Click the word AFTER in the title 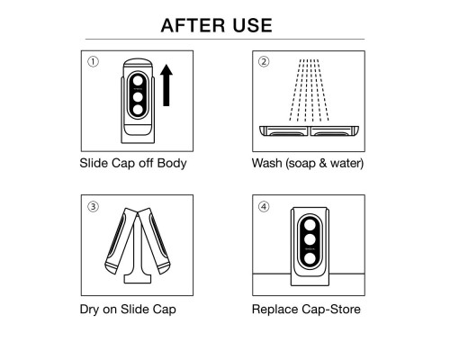[193, 25]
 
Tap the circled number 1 [93, 62]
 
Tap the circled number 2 [264, 62]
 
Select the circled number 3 [93, 206]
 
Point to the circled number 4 [264, 206]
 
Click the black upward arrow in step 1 [166, 85]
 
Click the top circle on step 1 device [138, 81]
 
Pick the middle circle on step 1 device [138, 96]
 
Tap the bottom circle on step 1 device [138, 110]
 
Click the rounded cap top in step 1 [138, 64]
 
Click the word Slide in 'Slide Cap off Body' [94, 163]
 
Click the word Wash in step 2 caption [267, 163]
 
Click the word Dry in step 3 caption [89, 310]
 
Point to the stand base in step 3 [138, 278]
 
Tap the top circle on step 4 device [310, 224]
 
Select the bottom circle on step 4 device [310, 258]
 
